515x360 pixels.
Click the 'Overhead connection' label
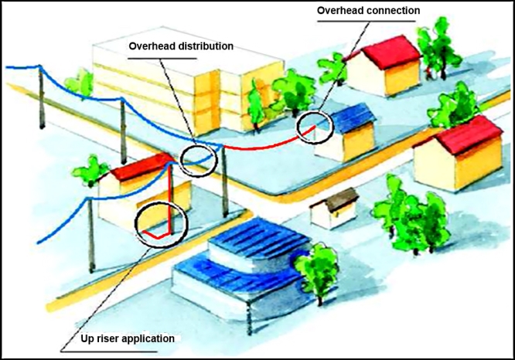[368, 11]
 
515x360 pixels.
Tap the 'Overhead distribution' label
[181, 46]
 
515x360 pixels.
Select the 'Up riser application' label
[128, 338]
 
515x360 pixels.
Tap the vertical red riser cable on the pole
[169, 199]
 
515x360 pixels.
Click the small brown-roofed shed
[334, 209]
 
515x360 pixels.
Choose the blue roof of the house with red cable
[353, 117]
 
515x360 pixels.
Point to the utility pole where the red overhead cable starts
[224, 181]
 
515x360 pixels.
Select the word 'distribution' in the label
[206, 46]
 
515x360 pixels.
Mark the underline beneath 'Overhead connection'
[366, 22]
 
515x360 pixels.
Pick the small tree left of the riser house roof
[90, 172]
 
